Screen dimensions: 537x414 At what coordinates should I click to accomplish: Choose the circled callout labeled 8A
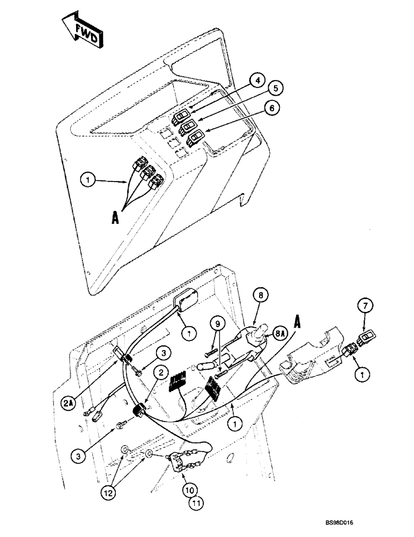coord(280,333)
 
